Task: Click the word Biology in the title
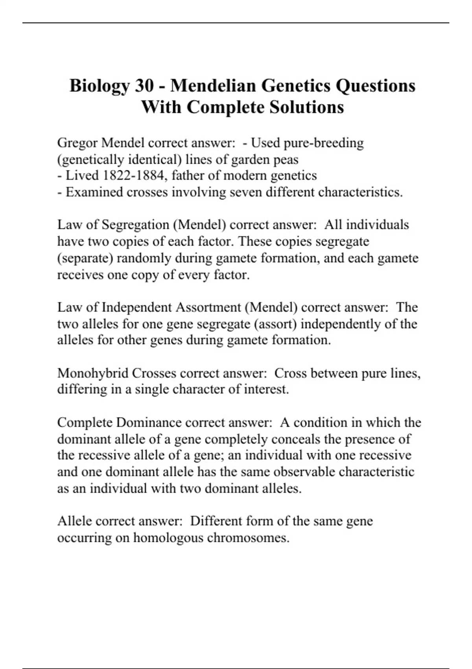(x=99, y=86)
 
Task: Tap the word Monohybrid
(x=93, y=373)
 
